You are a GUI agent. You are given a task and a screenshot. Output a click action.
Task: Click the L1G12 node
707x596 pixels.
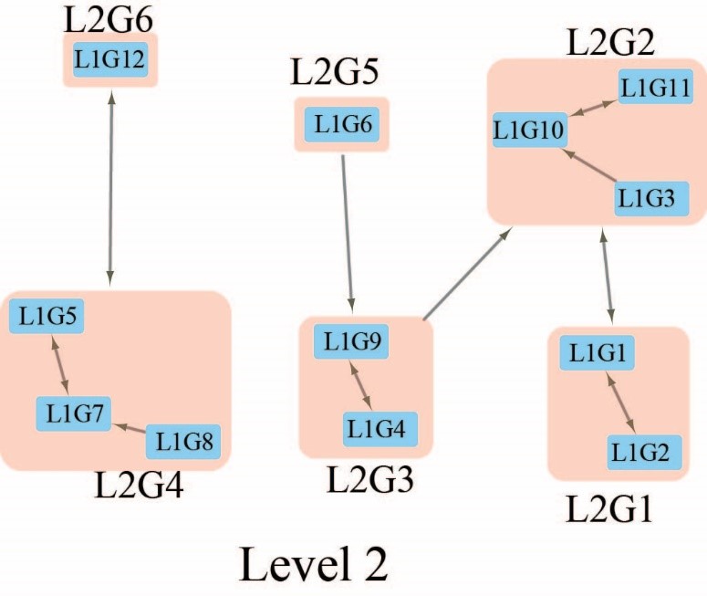click(x=109, y=60)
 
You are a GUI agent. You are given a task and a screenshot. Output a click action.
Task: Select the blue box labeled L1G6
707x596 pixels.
click(x=342, y=124)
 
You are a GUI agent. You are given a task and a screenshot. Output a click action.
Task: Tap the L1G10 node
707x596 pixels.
click(x=530, y=131)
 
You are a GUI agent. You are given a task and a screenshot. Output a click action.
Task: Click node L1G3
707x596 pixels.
click(x=646, y=198)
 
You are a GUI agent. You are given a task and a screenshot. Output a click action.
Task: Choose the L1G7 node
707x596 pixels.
click(x=73, y=414)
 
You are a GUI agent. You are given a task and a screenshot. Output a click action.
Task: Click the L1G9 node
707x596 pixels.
click(x=351, y=342)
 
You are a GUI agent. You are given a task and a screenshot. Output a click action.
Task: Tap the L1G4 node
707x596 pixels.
click(x=380, y=428)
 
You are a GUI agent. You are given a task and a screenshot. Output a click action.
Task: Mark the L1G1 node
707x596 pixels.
click(x=598, y=353)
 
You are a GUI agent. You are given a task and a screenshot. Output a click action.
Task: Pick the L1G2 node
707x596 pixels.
click(x=645, y=451)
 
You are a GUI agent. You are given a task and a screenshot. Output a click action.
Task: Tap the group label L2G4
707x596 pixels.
click(x=139, y=487)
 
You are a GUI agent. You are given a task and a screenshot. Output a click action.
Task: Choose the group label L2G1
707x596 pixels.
click(x=609, y=508)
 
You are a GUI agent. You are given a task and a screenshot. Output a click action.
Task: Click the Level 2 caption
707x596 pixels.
click(x=315, y=563)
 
